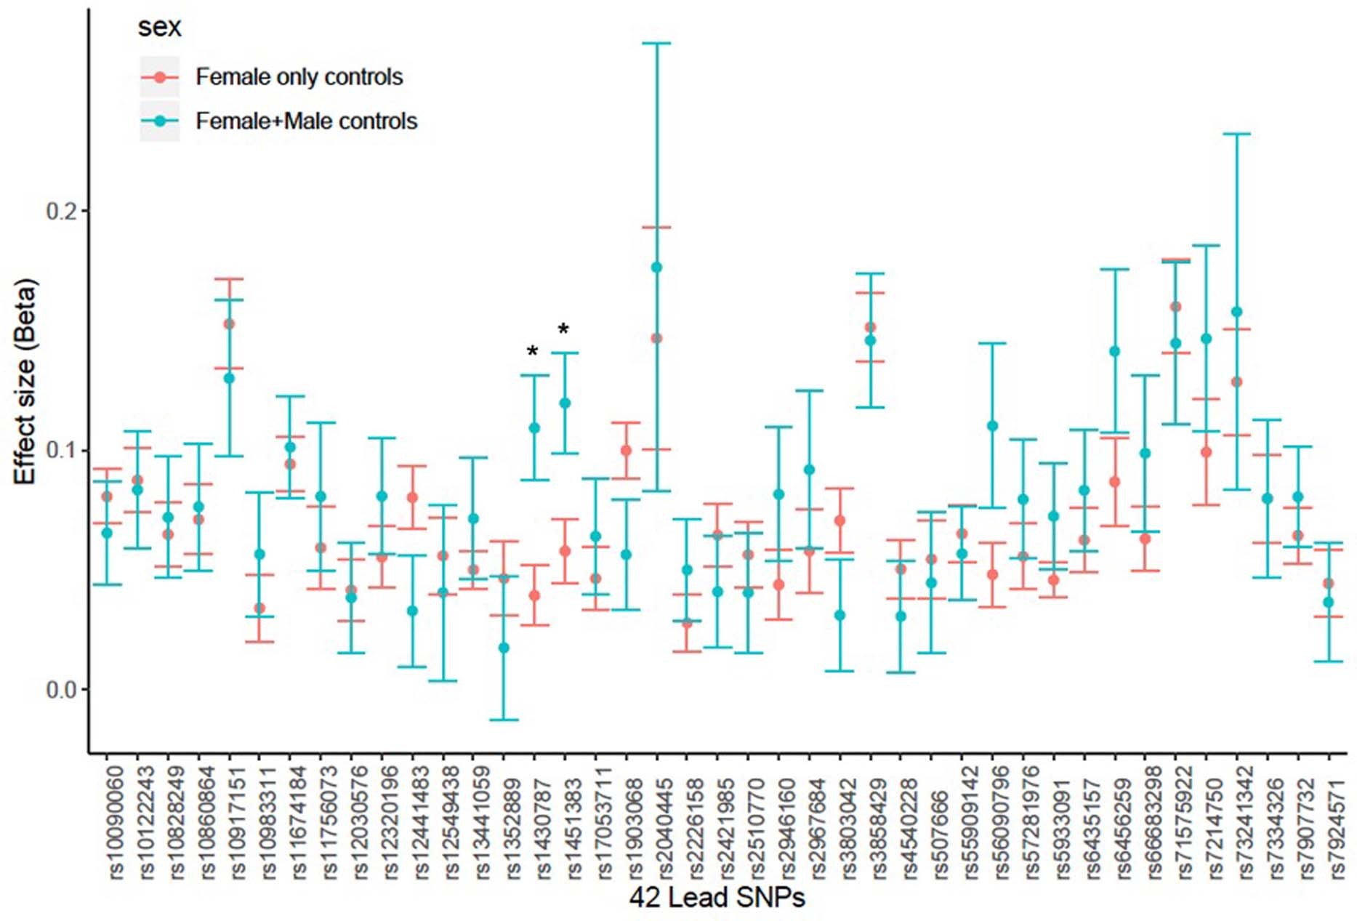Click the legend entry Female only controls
299,77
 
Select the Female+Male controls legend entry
306,121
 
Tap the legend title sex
159,28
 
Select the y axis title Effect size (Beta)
25,382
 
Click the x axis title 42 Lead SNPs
717,898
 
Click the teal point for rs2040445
656,268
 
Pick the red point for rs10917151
229,323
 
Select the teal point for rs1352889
504,648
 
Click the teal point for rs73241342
1237,313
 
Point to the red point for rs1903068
626,451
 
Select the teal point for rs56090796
993,426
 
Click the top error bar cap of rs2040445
656,44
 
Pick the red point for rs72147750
1207,452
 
